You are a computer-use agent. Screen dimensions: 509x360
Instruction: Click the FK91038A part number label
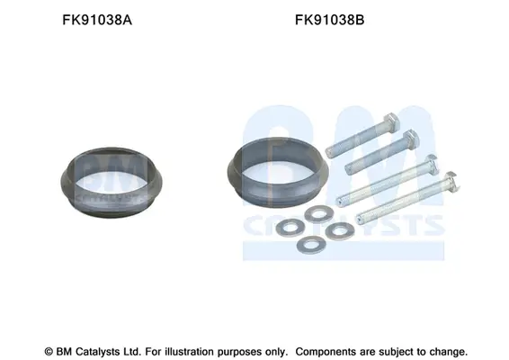(x=97, y=20)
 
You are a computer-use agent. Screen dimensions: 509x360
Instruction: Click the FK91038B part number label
(x=329, y=20)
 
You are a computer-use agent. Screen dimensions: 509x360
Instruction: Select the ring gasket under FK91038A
(x=68, y=182)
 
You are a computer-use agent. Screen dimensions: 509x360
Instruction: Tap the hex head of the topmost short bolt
(x=391, y=122)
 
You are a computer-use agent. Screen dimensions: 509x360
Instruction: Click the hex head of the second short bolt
(x=411, y=139)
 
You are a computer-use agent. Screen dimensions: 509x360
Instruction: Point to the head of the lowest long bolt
(x=451, y=181)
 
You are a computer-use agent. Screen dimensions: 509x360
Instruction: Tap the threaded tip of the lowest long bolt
(x=360, y=219)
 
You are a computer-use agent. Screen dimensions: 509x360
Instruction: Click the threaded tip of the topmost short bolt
(x=329, y=153)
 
